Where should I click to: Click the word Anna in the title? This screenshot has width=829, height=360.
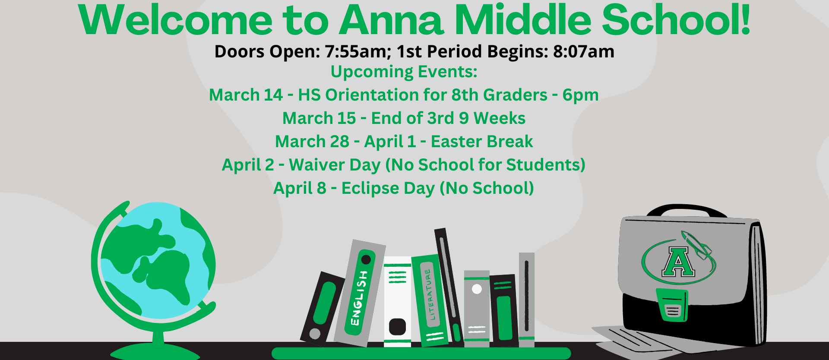coord(391,20)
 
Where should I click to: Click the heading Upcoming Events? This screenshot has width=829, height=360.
coord(404,72)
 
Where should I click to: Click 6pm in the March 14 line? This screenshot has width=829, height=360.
coord(580,95)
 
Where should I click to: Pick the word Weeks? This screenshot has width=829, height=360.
coord(500,118)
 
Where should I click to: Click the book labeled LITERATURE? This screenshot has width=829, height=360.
coord(429,300)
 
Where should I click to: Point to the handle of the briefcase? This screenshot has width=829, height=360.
coord(686,211)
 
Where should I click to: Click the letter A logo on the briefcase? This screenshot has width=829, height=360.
coord(678,262)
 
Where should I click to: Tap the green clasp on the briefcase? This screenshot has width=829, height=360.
coord(672,305)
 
